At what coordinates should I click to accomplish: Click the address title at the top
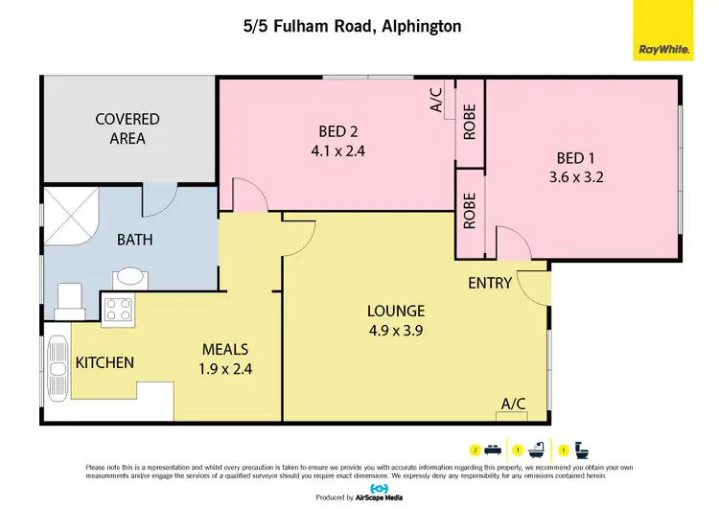(353, 27)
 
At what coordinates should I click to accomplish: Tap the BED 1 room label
(580, 159)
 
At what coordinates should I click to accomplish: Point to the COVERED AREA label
(128, 128)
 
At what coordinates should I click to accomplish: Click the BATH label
(135, 239)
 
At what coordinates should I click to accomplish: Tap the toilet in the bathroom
(69, 300)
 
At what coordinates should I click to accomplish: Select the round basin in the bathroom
(128, 279)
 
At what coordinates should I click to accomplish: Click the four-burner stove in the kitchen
(118, 309)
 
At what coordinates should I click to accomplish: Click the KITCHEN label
(104, 362)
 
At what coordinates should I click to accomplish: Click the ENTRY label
(489, 284)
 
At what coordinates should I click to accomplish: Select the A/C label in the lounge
(514, 404)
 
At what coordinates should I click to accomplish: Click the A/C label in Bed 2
(436, 101)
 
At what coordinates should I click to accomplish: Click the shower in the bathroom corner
(71, 212)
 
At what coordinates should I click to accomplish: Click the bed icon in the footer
(490, 449)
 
